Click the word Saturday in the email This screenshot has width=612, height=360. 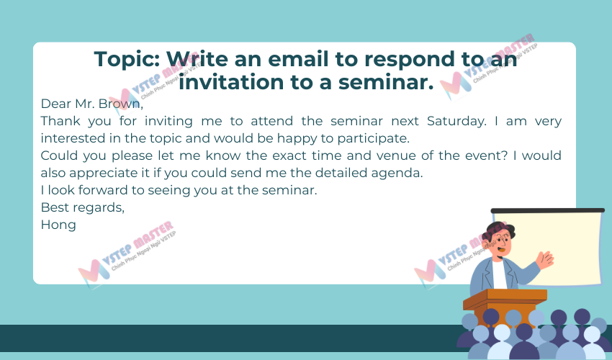(456, 121)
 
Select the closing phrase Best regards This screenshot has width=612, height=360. (82, 207)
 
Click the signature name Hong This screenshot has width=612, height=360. (58, 225)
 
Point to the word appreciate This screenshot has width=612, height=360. (104, 173)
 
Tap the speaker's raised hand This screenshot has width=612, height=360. (545, 259)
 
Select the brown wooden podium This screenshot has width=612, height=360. (505, 307)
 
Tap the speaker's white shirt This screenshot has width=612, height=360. (499, 274)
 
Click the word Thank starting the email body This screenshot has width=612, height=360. (60, 121)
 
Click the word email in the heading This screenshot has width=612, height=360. (298, 59)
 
